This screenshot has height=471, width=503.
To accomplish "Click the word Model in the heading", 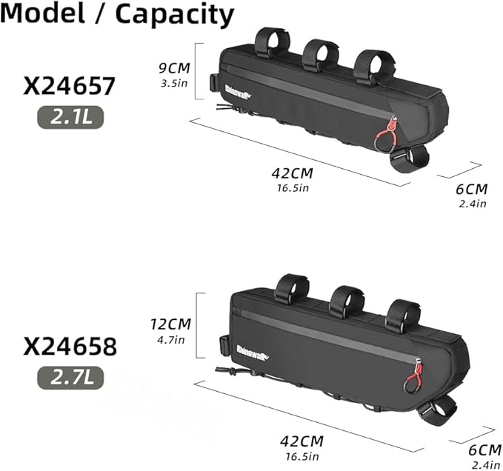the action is coord(43,13).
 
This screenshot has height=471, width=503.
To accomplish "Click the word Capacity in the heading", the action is coord(175,15).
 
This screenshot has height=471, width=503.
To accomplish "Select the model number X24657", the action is coord(70,86).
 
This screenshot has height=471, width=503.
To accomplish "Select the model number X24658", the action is coord(70,347).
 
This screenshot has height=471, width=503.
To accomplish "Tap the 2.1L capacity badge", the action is coord(71,118).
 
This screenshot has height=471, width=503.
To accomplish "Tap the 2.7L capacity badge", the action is coord(71,378).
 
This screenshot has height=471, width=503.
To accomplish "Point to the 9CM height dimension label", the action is coord(174,68).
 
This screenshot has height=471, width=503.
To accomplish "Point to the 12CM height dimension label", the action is coord(170,324).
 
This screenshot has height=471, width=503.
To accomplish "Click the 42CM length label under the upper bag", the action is coord(292,173).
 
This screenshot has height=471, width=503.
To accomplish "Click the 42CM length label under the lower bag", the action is coord(302,441).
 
